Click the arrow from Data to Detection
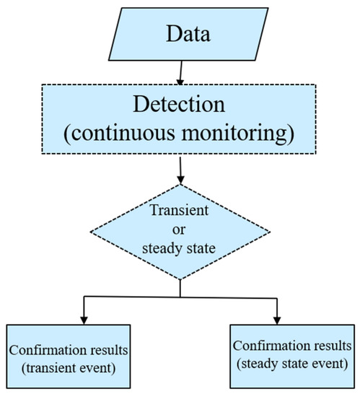point(180,72)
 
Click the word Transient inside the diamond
point(180,211)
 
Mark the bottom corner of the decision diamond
point(180,279)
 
